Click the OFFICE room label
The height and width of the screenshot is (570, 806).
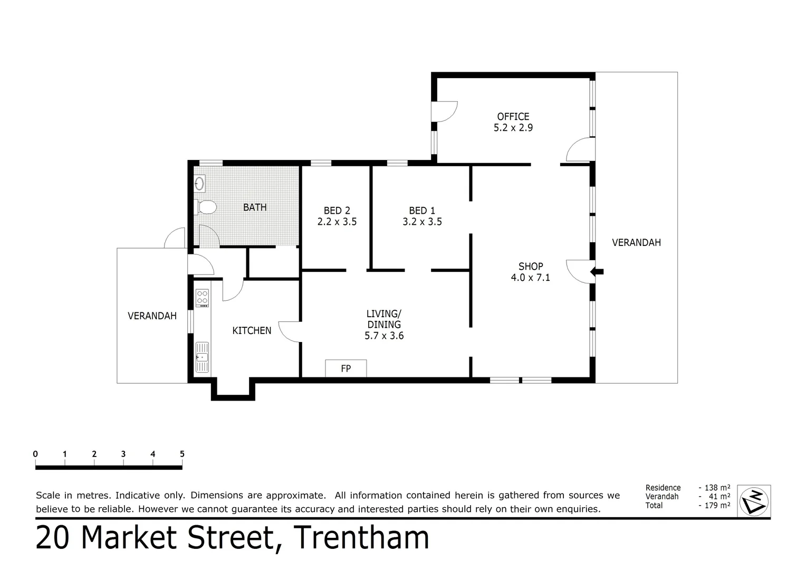pyautogui.click(x=513, y=117)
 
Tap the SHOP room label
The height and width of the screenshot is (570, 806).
pyautogui.click(x=530, y=267)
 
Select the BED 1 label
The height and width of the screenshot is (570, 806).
pyautogui.click(x=422, y=211)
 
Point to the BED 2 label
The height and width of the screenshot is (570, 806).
pyautogui.click(x=337, y=211)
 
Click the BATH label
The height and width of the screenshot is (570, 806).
pyautogui.click(x=255, y=207)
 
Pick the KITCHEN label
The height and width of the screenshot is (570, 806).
pyautogui.click(x=252, y=330)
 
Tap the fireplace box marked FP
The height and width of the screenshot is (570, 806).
pyautogui.click(x=346, y=368)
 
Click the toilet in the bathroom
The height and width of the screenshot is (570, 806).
pyautogui.click(x=206, y=207)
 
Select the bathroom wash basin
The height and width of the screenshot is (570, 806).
pyautogui.click(x=200, y=184)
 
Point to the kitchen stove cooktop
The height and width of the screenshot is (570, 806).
pyautogui.click(x=202, y=298)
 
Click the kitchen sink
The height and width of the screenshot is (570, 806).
pyautogui.click(x=202, y=357)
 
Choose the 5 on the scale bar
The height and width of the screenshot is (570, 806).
pyautogui.click(x=182, y=454)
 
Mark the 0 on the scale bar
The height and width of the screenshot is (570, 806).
pyautogui.click(x=35, y=454)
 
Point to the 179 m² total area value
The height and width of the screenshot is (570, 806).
pyautogui.click(x=714, y=506)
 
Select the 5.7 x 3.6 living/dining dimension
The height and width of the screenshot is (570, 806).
pyautogui.click(x=384, y=336)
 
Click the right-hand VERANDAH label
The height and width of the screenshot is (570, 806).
pyautogui.click(x=636, y=243)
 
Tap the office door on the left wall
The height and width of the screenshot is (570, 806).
pyautogui.click(x=444, y=111)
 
